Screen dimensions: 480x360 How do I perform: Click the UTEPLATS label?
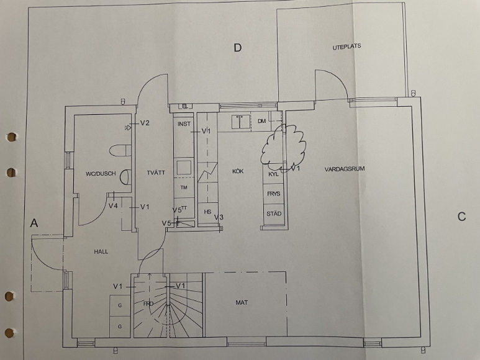(346, 47)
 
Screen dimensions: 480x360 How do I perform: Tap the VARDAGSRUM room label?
(345, 169)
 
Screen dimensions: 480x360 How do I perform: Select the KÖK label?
(238, 171)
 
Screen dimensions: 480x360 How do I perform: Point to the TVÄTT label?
(156, 173)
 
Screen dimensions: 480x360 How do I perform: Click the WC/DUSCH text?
(101, 173)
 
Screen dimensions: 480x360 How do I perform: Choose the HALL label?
(101, 252)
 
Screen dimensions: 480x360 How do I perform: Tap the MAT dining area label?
(242, 302)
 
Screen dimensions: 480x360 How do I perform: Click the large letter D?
(238, 48)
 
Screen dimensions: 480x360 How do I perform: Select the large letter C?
(461, 217)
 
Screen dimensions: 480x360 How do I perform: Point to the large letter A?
(34, 223)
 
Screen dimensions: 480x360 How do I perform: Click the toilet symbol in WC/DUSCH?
(120, 150)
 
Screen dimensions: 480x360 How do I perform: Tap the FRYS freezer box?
(274, 194)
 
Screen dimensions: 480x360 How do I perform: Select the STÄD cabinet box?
(274, 214)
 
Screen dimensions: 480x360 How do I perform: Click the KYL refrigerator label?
(273, 174)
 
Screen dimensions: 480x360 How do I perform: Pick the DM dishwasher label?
(261, 121)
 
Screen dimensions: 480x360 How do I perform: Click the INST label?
(184, 124)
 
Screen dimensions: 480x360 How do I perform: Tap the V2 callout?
(145, 123)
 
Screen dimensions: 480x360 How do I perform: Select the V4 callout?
(113, 206)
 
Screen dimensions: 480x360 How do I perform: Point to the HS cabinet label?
(207, 212)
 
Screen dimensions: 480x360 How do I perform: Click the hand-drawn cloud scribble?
(283, 148)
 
